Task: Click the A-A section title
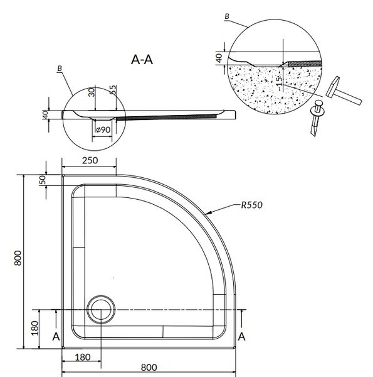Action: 142,60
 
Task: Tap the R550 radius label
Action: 251,205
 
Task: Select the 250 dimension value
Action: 90,160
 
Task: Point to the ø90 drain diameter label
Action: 103,129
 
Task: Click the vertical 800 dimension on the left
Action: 18,258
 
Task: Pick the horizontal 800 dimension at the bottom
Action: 149,368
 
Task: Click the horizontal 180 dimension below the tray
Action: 83,358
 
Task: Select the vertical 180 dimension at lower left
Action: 34,328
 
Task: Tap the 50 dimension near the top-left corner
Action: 42,180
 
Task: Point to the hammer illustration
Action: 344,90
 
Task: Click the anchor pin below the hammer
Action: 316,118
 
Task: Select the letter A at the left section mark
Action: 56,337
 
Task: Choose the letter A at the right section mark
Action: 241,337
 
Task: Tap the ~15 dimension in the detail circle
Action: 279,83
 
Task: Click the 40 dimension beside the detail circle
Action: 219,58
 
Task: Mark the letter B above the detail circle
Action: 227,16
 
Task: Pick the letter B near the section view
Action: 60,68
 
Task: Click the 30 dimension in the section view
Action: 92,92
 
